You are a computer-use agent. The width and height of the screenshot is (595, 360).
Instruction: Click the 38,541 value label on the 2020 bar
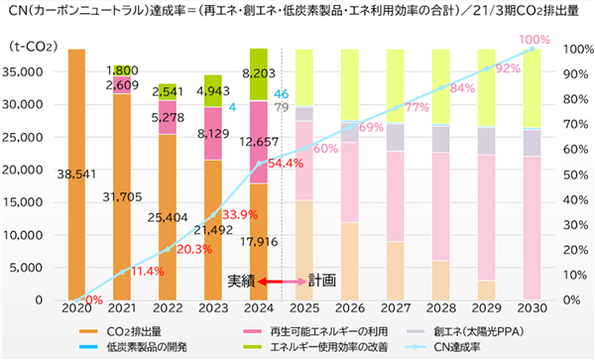(76, 175)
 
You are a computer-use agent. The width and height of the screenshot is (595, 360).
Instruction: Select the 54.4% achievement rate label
(286, 164)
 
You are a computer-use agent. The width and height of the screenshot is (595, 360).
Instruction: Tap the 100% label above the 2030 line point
(535, 40)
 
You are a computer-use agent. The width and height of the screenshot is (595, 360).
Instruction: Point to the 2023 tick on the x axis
(213, 308)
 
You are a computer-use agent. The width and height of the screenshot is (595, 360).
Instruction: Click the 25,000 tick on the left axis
(24, 137)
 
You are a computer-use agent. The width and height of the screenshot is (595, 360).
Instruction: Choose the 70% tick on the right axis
(575, 124)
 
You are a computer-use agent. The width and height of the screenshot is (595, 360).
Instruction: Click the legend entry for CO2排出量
(121, 331)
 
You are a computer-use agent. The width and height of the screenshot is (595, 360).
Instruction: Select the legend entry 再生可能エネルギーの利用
(315, 331)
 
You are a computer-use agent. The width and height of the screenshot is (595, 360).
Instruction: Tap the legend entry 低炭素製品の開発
(133, 347)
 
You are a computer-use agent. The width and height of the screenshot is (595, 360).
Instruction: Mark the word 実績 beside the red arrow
(241, 281)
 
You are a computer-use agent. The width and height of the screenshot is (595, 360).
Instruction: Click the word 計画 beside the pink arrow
(322, 281)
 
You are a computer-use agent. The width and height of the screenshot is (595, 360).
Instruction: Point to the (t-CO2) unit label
(34, 47)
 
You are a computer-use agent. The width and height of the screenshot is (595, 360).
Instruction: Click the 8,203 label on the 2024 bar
(259, 73)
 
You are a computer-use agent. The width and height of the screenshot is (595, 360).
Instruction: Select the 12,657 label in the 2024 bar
(259, 142)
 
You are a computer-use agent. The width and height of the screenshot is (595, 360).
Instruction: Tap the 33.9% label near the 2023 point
(240, 215)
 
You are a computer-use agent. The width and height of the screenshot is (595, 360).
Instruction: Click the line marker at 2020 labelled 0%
(76, 300)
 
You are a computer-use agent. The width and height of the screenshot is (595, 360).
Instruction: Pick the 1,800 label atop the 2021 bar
(122, 71)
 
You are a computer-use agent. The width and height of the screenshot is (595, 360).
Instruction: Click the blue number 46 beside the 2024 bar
(282, 94)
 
